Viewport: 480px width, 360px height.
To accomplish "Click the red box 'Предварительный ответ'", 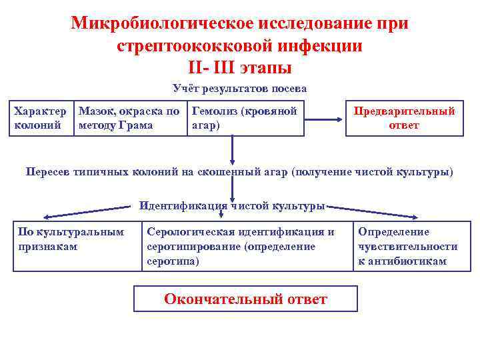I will coord(404,118).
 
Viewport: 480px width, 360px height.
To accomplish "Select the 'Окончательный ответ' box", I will coord(245,299).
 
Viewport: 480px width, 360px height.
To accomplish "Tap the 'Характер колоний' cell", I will coord(40,118).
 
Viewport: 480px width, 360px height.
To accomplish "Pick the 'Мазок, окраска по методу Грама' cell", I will coord(129,118).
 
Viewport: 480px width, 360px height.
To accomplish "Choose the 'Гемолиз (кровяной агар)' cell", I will coord(245,118).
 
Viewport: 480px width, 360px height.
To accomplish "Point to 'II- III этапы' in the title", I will coord(240,67).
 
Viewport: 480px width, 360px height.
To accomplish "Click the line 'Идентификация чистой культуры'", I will coord(232,205).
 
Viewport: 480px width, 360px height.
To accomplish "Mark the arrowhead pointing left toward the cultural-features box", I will coord(48,216).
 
